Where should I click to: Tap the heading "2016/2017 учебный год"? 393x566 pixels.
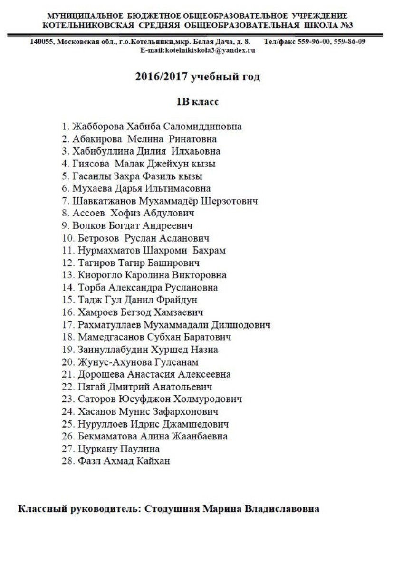point(197,77)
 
